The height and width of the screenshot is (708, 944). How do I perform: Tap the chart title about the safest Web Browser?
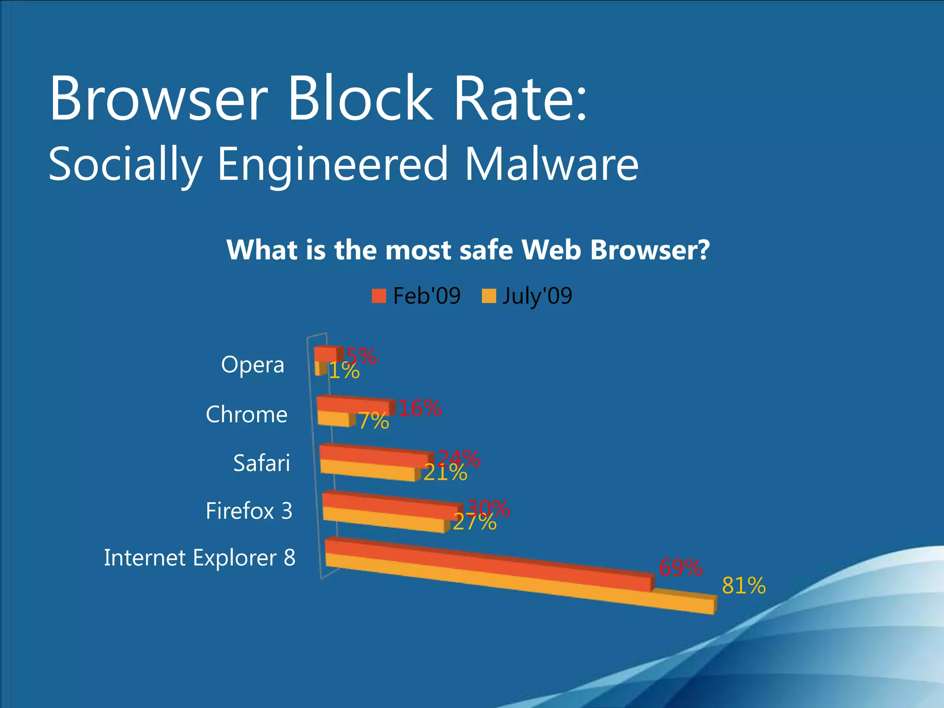coord(468,250)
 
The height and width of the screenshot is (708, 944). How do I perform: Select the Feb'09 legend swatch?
coord(379,296)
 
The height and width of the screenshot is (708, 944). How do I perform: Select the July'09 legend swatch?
coord(489,296)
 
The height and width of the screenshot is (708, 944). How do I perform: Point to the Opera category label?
coord(253,365)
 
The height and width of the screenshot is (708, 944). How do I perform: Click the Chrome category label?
coord(247,414)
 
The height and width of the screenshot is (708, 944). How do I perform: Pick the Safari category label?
coord(261,463)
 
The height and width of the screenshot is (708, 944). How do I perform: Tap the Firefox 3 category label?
coord(249,511)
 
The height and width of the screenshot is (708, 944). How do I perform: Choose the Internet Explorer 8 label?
coord(199,558)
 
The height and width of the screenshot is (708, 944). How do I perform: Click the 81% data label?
coord(743,586)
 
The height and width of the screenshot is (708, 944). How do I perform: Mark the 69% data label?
coord(680,568)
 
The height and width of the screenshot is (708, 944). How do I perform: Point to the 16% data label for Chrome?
coord(419,408)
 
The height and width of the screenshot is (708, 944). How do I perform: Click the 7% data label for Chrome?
coord(373,421)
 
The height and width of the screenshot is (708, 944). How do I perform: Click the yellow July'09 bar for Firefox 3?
coord(383,519)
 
